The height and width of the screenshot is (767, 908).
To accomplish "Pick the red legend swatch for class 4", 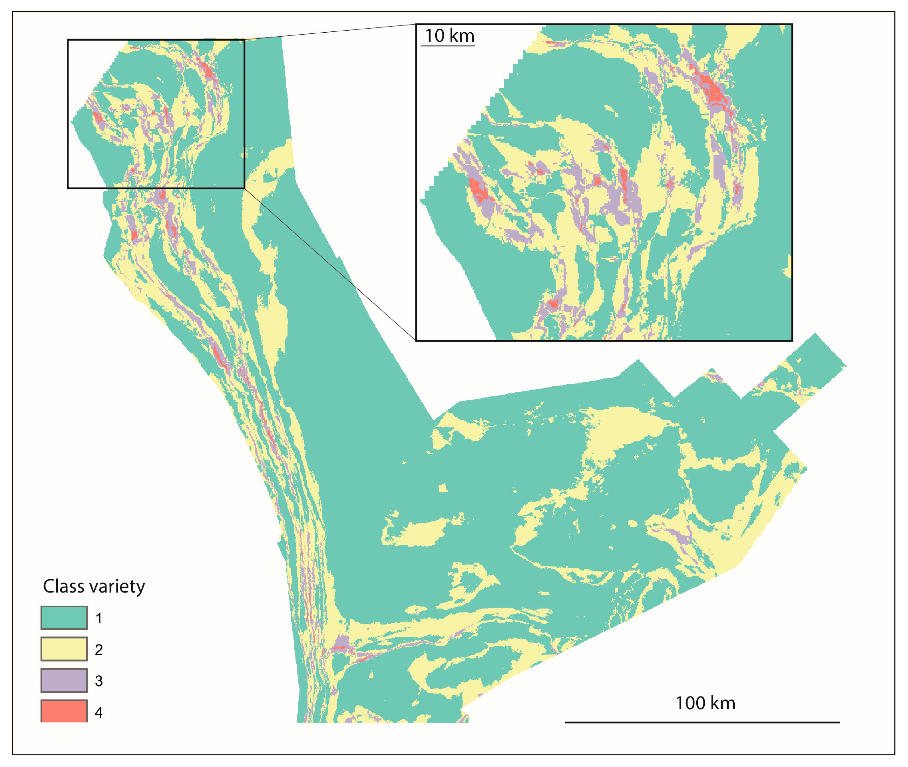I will tap(64, 711).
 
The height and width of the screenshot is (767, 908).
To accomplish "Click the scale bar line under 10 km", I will tap(448, 45).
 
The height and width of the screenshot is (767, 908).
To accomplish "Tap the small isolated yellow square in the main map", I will tap(443, 488).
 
